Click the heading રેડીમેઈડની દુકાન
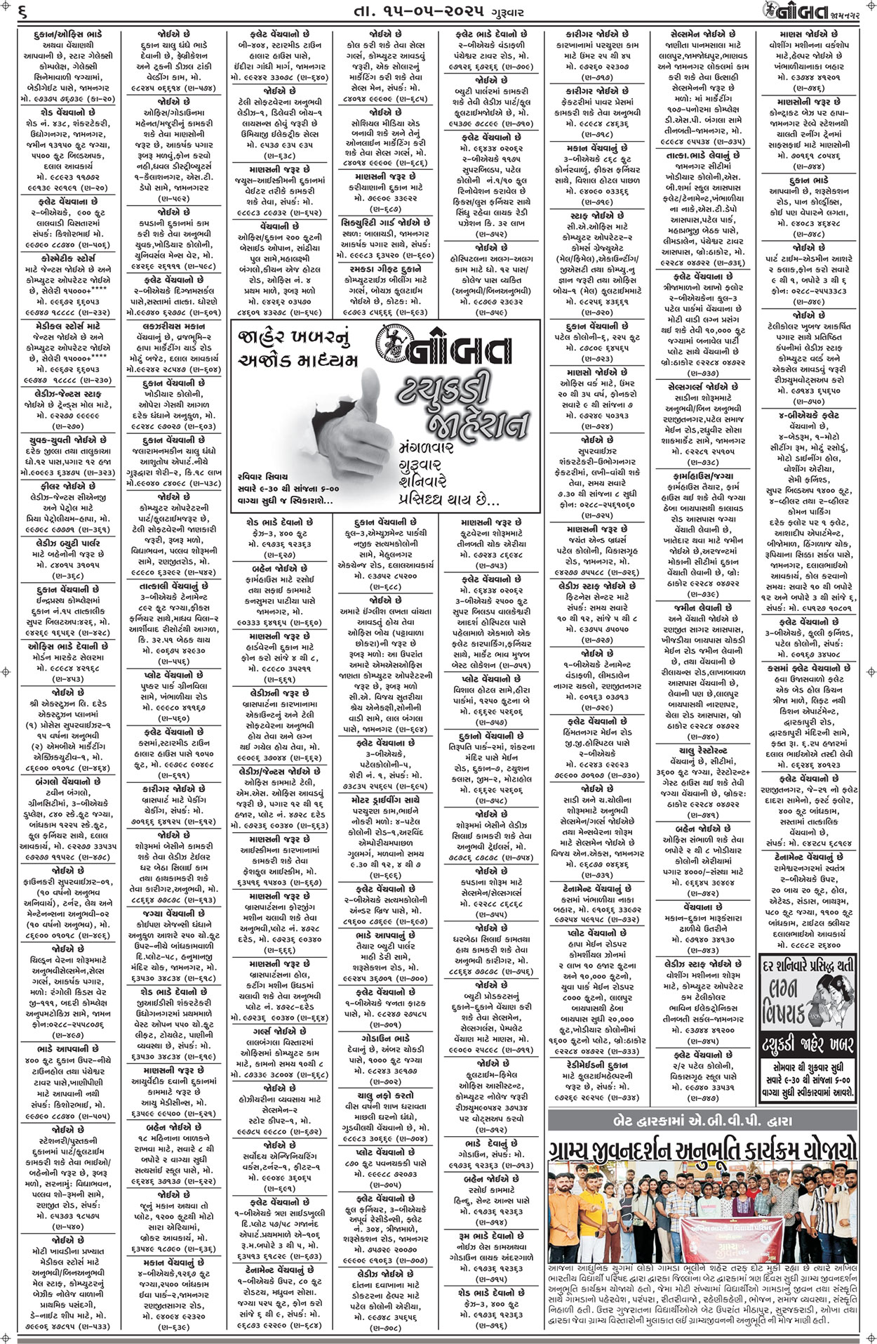(x=595, y=1065)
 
